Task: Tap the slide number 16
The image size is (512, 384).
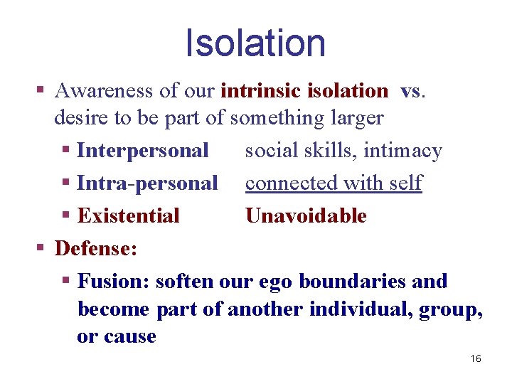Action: click(x=476, y=358)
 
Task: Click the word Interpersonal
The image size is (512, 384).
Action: click(x=143, y=151)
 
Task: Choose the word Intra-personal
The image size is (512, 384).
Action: click(x=147, y=183)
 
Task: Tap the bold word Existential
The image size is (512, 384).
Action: click(x=129, y=216)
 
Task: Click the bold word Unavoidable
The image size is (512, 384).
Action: click(x=306, y=216)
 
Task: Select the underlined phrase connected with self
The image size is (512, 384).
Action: click(x=334, y=183)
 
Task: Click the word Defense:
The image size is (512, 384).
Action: click(x=96, y=249)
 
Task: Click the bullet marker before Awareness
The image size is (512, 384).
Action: click(x=41, y=91)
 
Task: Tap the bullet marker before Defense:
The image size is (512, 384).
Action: click(x=41, y=249)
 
